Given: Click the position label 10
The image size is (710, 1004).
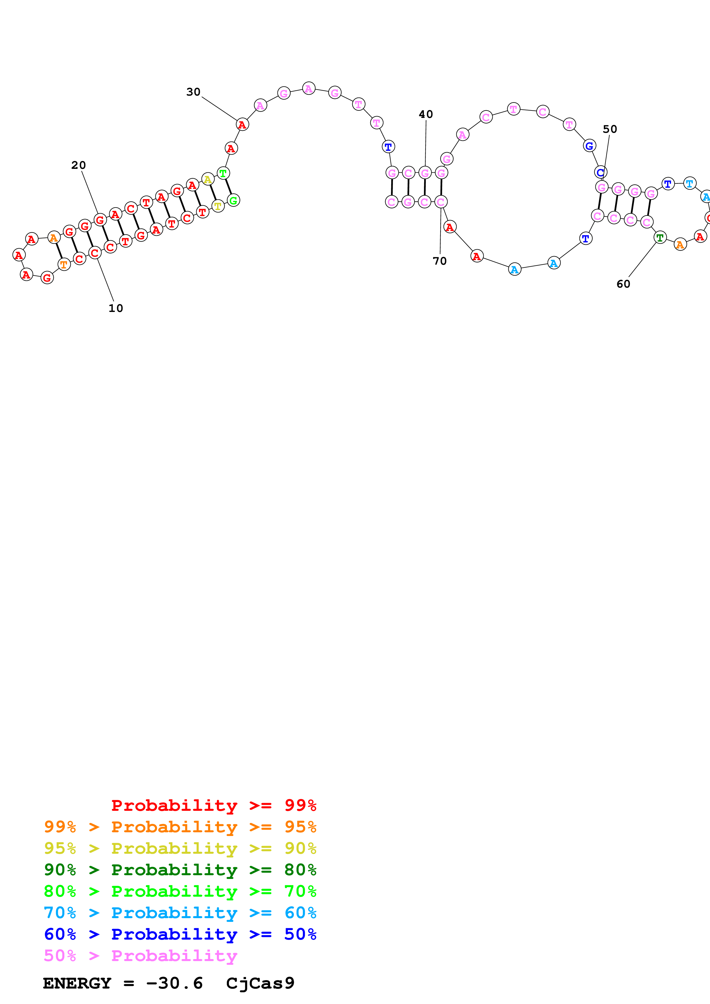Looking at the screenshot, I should [116, 308].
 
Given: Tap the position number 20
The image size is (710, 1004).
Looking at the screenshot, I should [79, 165].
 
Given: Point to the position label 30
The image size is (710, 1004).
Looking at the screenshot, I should [193, 92].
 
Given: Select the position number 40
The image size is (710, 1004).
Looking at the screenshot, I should [426, 114].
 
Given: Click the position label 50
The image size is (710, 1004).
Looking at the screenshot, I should [610, 129].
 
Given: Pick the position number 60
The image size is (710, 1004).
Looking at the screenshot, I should [624, 284].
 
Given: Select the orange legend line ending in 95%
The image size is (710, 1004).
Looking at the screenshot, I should [180, 827].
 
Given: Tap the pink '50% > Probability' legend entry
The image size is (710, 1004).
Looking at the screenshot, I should [140, 955].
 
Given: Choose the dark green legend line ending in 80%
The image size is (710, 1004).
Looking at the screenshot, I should [180, 870].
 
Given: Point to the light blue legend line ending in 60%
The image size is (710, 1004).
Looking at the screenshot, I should [180, 913].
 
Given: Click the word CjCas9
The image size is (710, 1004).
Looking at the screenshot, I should [260, 983].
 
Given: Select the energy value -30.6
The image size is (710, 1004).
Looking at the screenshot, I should [174, 983].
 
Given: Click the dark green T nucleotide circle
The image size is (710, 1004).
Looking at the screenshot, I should [660, 238].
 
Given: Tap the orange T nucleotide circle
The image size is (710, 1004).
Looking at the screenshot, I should [64, 264].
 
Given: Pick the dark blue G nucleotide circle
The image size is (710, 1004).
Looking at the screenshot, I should [589, 146].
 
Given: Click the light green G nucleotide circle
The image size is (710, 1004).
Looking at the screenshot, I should [234, 200].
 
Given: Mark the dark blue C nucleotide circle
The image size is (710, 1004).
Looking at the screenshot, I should [601, 172].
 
